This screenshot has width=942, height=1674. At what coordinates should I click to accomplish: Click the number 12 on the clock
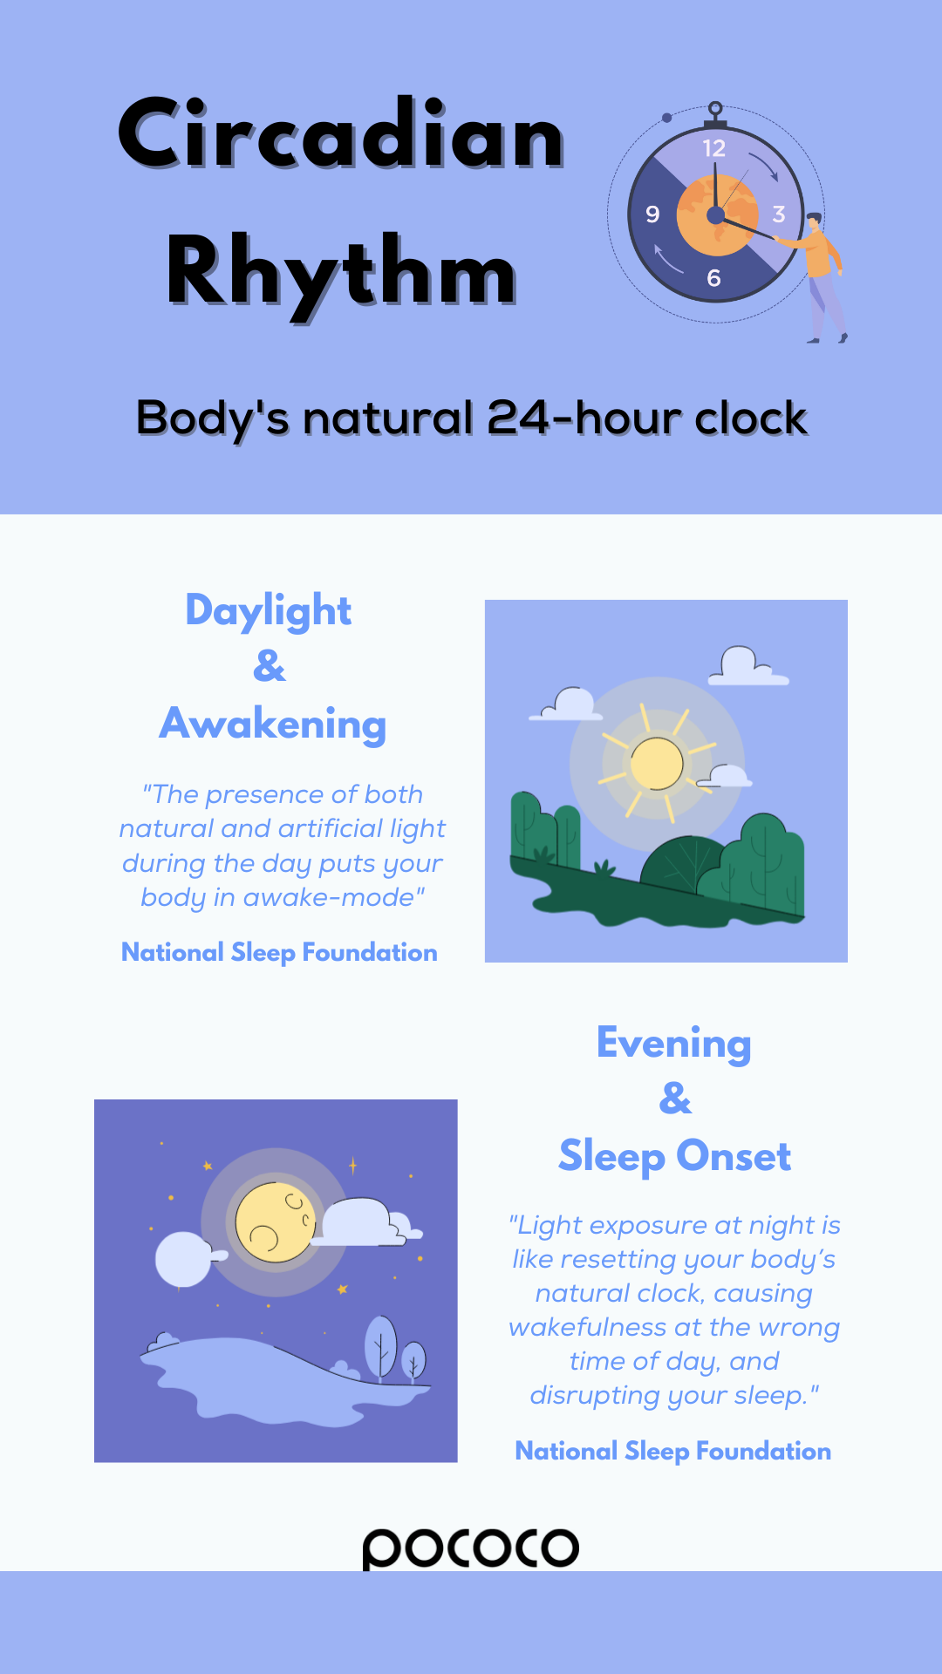tap(713, 148)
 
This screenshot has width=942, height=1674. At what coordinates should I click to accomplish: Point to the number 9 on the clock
tap(652, 214)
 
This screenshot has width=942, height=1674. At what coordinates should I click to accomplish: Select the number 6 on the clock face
tap(713, 278)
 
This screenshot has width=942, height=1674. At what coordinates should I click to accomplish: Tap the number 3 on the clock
tap(779, 214)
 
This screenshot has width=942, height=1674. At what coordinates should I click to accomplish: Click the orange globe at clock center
tap(717, 215)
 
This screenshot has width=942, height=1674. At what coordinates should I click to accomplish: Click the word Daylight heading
tap(269, 611)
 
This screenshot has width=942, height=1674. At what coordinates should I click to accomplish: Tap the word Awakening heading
tap(273, 725)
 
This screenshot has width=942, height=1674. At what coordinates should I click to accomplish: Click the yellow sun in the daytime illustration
tap(657, 764)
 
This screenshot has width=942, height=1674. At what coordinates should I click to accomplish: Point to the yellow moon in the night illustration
tap(276, 1222)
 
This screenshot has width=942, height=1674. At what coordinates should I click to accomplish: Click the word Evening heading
tap(674, 1044)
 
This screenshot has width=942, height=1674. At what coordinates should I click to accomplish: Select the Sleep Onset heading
tap(675, 1157)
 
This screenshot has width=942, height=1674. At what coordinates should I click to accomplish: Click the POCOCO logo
tap(471, 1548)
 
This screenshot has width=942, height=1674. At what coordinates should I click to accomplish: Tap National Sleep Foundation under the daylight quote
tap(279, 953)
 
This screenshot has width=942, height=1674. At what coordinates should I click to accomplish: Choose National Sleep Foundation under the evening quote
tap(673, 1452)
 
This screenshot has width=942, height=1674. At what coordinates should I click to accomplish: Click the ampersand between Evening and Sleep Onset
tap(676, 1099)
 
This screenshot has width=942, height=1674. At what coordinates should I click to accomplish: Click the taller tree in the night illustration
tap(380, 1347)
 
